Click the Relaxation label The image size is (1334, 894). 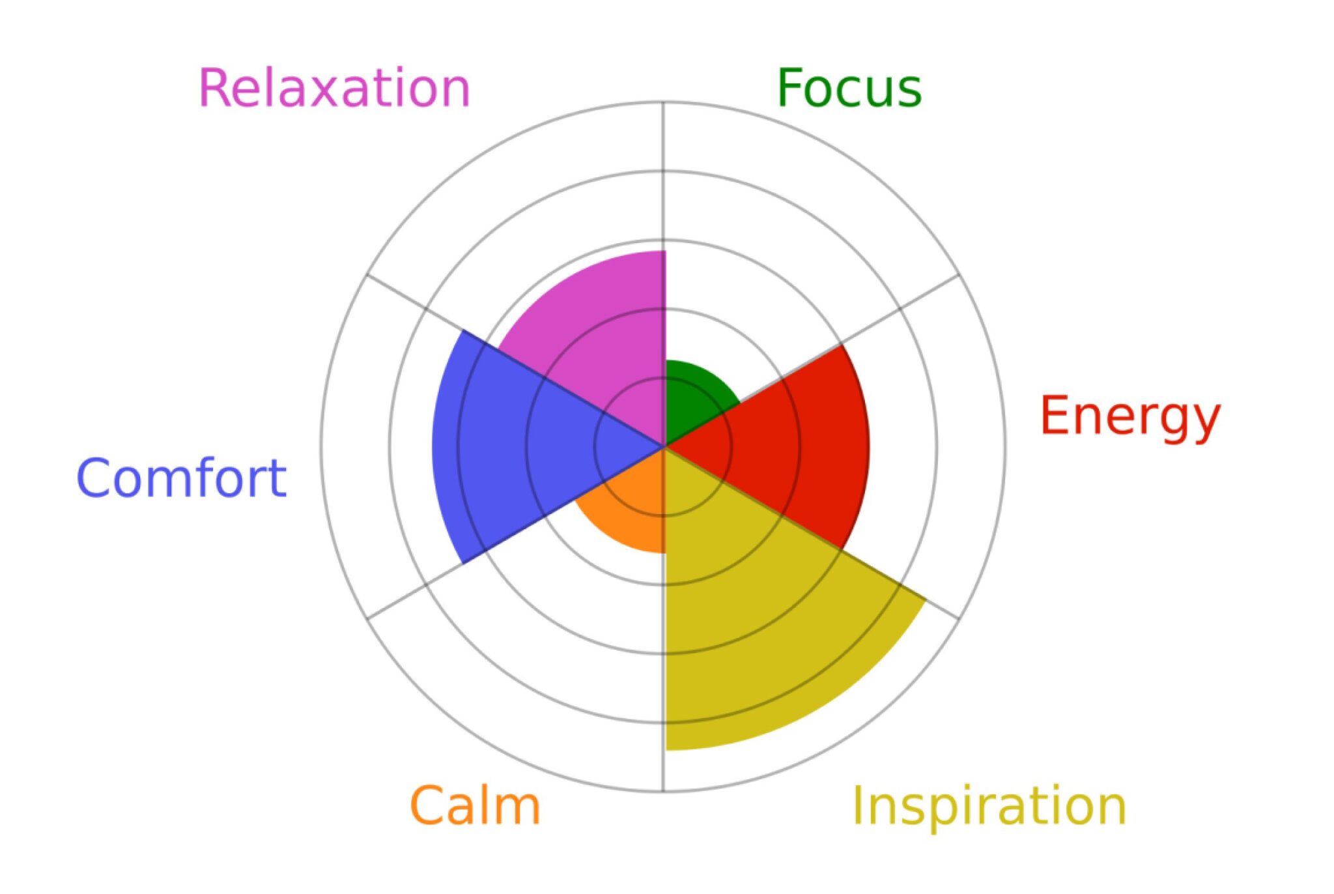tap(334, 88)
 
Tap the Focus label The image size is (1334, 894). tap(849, 88)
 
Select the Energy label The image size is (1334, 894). tap(1130, 418)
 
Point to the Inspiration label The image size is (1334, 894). tap(989, 807)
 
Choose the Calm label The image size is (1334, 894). tap(475, 805)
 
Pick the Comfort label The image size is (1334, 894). tap(182, 478)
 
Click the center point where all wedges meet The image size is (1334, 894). tap(664, 447)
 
